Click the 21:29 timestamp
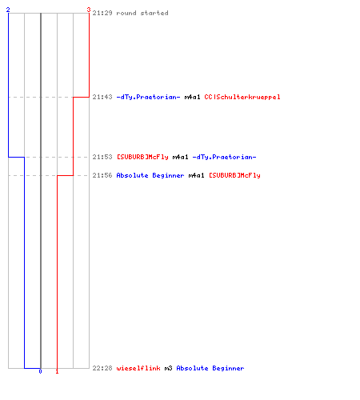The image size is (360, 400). click(x=102, y=13)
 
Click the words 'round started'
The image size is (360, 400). click(x=142, y=13)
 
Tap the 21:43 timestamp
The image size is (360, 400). click(x=102, y=97)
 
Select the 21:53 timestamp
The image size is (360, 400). click(x=102, y=157)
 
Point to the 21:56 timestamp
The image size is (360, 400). click(x=102, y=175)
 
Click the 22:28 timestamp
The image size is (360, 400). click(x=102, y=368)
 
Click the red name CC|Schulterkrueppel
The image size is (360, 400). click(x=242, y=98)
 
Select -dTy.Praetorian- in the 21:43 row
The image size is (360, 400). click(x=149, y=98)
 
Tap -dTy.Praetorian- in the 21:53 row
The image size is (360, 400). click(x=225, y=158)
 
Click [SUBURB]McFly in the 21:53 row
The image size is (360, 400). click(x=142, y=158)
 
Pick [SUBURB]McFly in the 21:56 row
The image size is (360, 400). click(x=234, y=176)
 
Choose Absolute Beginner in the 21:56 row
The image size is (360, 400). click(x=150, y=176)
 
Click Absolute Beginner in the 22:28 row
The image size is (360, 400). click(x=210, y=369)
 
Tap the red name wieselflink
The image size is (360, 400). click(x=138, y=368)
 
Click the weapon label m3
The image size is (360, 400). click(x=169, y=368)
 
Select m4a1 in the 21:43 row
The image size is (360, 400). click(x=193, y=97)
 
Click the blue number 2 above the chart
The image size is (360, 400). click(x=8, y=10)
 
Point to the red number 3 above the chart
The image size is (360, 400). click(x=89, y=10)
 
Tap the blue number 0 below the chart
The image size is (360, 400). click(x=40, y=371)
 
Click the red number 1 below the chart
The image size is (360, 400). click(x=57, y=371)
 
